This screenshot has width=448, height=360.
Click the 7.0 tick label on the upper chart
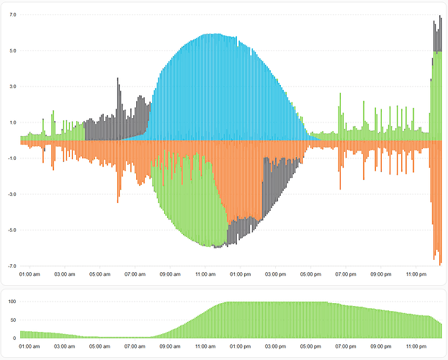pos(13,14)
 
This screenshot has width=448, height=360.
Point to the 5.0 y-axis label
pos(13,50)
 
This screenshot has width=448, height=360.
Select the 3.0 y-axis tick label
pos(13,86)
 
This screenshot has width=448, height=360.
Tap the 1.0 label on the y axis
pos(13,122)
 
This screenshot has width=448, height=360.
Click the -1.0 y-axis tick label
pos(12,158)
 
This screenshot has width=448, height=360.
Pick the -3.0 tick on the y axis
pos(12,194)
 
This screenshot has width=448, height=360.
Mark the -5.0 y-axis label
pos(12,230)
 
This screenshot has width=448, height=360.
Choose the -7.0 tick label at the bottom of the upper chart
pos(12,266)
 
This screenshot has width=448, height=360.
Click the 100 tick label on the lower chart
pos(11,302)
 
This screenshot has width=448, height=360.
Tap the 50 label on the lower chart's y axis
pos(12,320)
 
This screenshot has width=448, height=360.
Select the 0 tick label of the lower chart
pos(14,338)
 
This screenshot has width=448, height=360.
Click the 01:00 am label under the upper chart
pos(30,274)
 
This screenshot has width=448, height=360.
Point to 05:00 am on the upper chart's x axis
pos(99,274)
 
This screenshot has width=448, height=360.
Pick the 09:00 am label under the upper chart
pos(170,274)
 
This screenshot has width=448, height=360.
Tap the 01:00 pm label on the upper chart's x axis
pos(241,274)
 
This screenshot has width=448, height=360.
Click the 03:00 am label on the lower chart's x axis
pos(65,346)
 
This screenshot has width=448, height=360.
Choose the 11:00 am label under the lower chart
pos(205,346)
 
